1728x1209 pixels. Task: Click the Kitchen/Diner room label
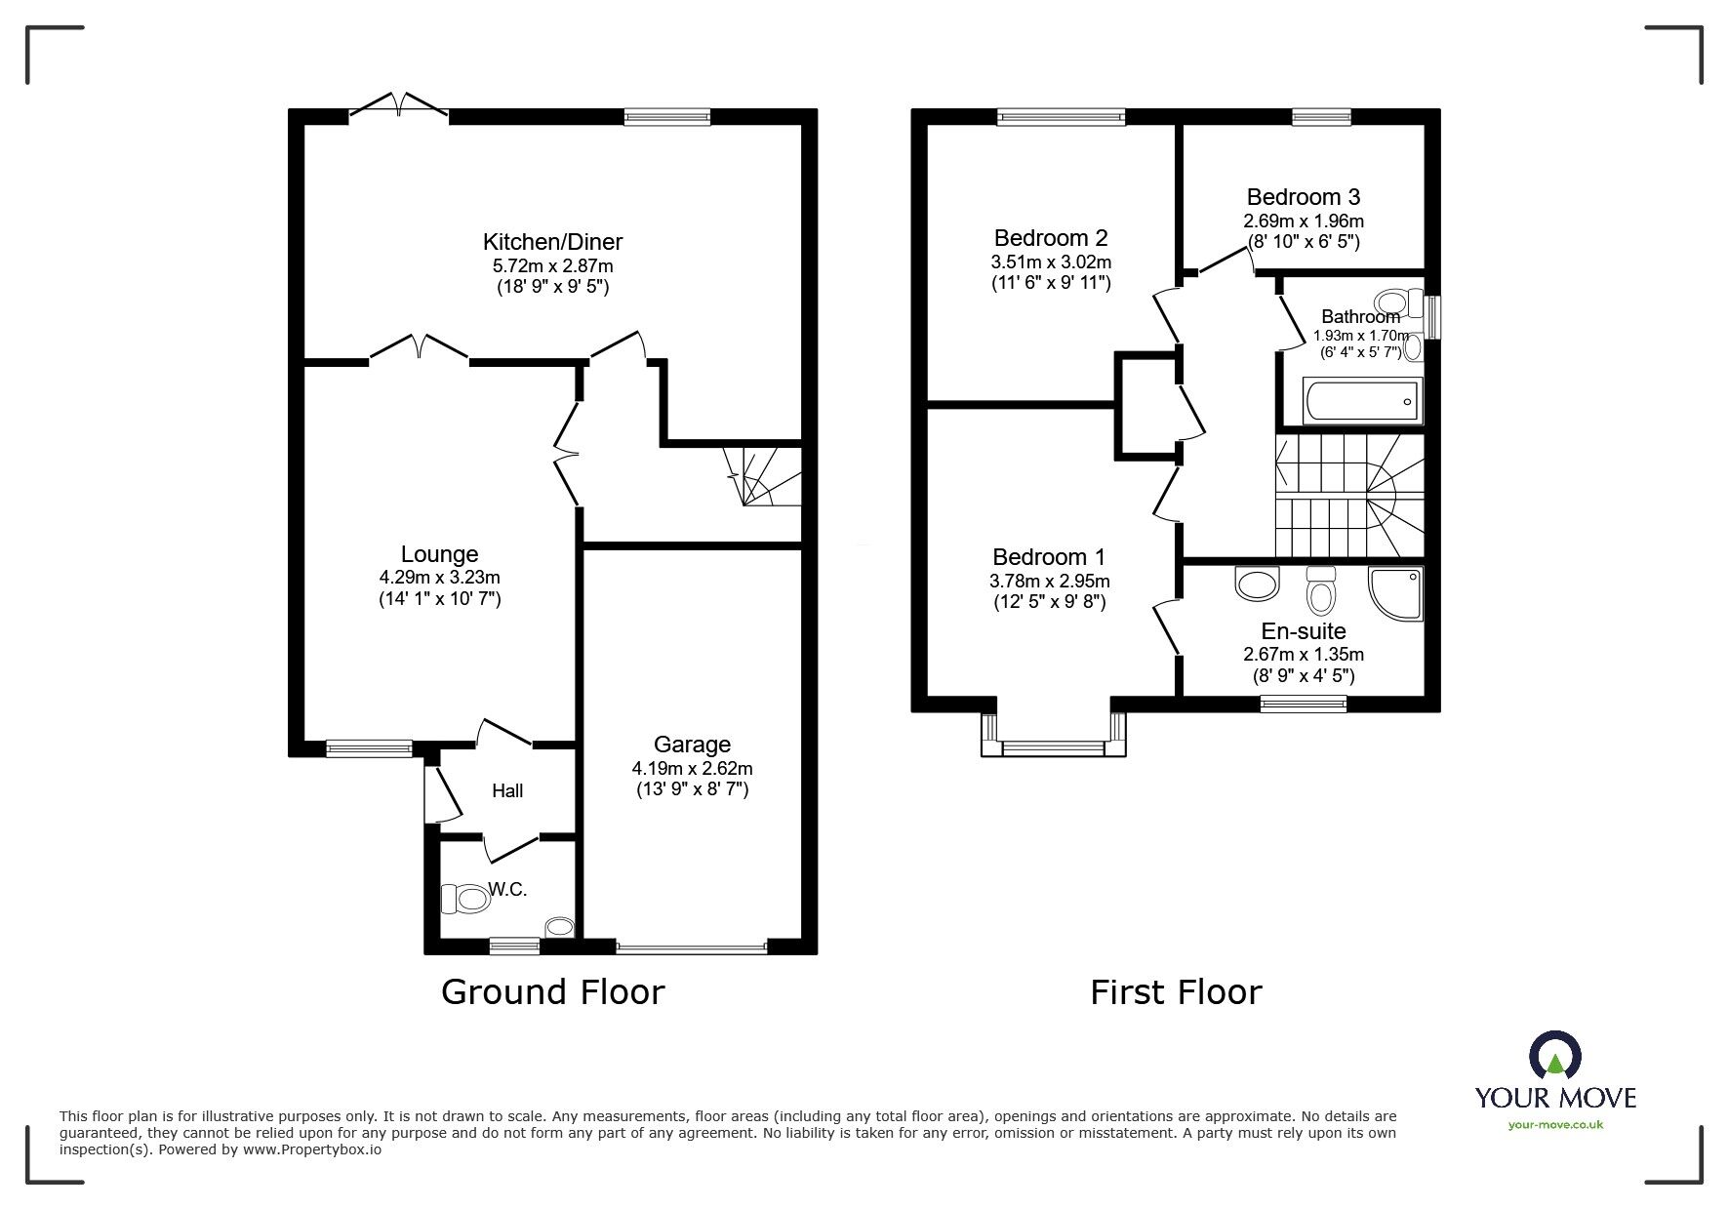552,242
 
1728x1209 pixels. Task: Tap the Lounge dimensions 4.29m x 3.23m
439,578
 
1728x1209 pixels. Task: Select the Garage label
692,745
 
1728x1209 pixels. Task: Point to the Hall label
507,791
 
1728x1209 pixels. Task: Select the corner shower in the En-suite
1396,593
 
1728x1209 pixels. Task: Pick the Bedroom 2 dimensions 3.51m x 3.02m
1051,262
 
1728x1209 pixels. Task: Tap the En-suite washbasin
1257,584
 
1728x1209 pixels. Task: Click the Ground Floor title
552,991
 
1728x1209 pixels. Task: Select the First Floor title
1176,992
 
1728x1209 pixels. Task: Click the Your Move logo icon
1554,1056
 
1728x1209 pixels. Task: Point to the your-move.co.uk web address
1555,1125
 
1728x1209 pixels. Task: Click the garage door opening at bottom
692,947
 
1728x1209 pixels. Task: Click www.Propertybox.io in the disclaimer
311,1149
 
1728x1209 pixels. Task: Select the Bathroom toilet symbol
1398,299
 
